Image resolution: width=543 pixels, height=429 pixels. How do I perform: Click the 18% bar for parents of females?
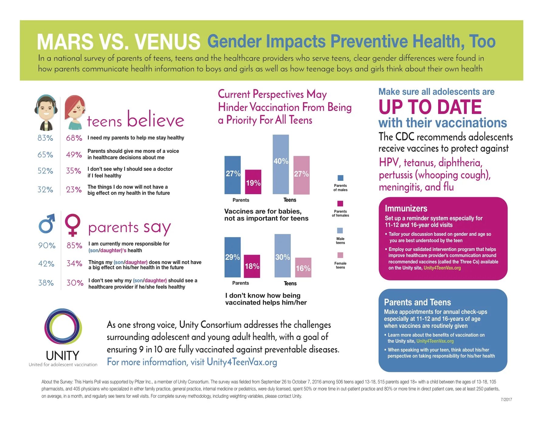pos(252,266)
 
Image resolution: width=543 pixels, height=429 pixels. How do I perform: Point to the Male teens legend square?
pos(340,231)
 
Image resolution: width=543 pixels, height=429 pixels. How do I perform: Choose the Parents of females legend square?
pos(340,204)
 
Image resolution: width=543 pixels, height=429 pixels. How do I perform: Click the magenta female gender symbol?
pos(73,225)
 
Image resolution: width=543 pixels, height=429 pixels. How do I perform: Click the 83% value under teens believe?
pos(45,138)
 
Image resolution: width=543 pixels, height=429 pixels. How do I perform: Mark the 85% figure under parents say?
pos(74,245)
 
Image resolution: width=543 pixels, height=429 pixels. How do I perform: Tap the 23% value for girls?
pos(74,190)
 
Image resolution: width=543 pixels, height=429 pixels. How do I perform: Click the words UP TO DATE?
pos(430,107)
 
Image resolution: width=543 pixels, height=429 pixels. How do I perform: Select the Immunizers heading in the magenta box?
pos(406,208)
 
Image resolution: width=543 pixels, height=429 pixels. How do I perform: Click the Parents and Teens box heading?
pos(417,302)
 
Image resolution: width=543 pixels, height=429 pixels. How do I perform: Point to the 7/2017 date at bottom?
pos(506,400)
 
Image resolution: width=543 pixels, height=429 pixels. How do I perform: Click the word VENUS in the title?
pos(167,42)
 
